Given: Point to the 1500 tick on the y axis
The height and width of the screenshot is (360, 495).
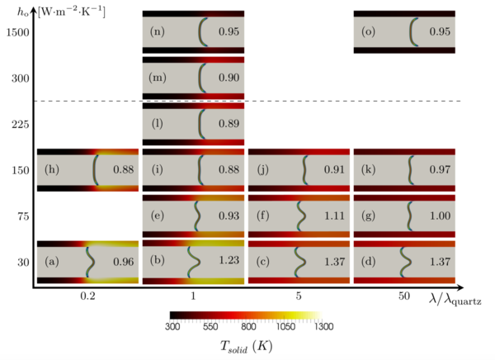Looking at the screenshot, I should pos(16,31).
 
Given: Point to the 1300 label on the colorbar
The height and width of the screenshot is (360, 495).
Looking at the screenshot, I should pos(323,327).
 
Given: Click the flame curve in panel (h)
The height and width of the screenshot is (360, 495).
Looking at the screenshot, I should pos(95,170).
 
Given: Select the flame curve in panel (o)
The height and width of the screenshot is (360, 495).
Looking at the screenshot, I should pos(413,31).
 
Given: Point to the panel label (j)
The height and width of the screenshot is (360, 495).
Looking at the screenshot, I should pos(263,170).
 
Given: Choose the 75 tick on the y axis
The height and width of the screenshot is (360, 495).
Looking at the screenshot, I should pos(18,216).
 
